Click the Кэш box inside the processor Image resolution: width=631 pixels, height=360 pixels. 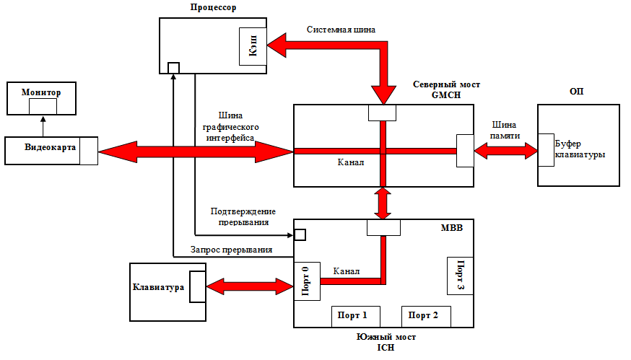(254, 48)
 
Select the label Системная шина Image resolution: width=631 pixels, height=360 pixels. (340, 30)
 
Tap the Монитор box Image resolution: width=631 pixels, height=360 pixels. (42, 99)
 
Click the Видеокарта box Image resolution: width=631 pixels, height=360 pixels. (51, 150)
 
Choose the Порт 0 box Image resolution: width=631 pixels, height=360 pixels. (306, 281)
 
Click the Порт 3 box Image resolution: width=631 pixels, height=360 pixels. (459, 275)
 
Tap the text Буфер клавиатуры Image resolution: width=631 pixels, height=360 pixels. (579, 149)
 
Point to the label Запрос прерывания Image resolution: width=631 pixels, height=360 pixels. (231, 250)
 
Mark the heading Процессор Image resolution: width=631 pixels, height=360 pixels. (214, 8)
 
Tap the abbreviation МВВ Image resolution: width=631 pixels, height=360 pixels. (451, 228)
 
